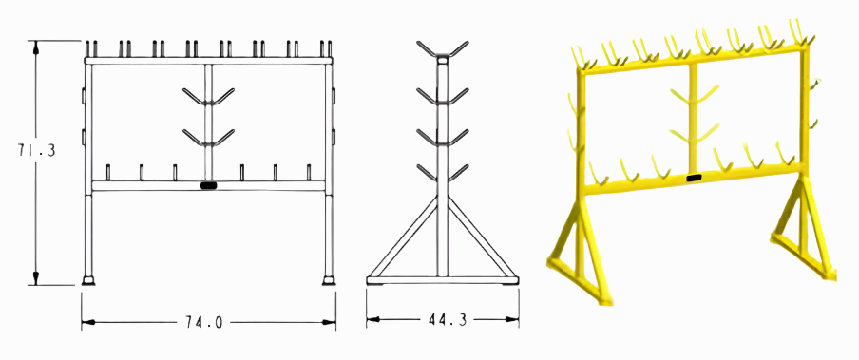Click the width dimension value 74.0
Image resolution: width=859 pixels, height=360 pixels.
click(x=207, y=322)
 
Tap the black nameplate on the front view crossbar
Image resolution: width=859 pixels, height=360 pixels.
click(x=209, y=185)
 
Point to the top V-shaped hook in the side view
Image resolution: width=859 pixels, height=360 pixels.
click(x=444, y=49)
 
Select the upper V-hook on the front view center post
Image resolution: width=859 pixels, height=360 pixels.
click(x=208, y=97)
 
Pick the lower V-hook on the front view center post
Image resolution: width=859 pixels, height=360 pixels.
click(x=208, y=139)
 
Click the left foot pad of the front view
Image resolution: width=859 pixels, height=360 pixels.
click(x=88, y=280)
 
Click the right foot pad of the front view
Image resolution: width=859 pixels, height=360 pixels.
click(x=329, y=280)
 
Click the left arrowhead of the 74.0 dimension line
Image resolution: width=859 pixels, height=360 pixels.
click(x=86, y=323)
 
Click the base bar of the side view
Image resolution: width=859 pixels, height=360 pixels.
click(x=444, y=279)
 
